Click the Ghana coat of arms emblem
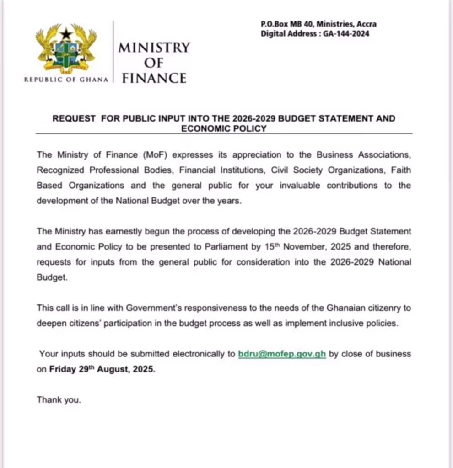click(x=67, y=50)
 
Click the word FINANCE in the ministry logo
click(x=154, y=78)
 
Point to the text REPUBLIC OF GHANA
click(x=66, y=80)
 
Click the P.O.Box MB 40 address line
click(x=318, y=24)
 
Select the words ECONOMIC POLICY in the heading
click(x=224, y=128)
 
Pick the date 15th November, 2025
click(x=288, y=247)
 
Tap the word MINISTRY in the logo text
click(x=154, y=48)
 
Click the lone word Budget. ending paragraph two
click(x=52, y=277)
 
